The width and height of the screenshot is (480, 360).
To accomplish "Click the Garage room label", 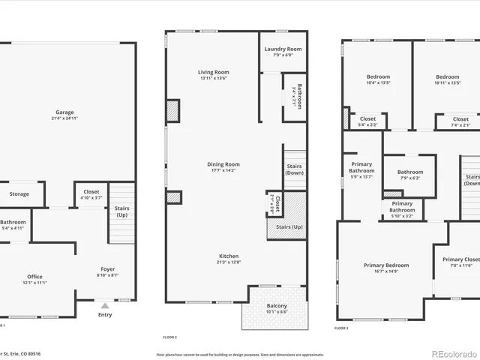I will [x=64, y=112].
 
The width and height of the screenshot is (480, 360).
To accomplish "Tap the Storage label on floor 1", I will [x=19, y=194].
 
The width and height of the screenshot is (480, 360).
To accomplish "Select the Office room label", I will [x=35, y=277].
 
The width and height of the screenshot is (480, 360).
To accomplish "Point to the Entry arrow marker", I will [x=105, y=306].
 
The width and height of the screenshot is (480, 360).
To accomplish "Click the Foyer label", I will [x=108, y=269].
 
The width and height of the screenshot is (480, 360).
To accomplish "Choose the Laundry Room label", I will [x=283, y=49].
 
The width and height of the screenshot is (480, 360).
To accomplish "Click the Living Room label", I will [x=213, y=72].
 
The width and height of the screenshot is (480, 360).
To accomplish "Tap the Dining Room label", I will [x=223, y=164].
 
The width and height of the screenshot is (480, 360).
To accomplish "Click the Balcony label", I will [x=277, y=306].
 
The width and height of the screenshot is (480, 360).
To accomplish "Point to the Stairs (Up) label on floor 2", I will [x=289, y=226].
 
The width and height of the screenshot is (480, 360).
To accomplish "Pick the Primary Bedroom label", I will [x=386, y=265].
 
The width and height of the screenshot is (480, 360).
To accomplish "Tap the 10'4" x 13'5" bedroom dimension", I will [x=378, y=83].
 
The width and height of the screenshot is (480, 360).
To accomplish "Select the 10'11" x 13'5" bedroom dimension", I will [x=448, y=83].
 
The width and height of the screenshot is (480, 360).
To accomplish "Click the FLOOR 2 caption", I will [x=171, y=337].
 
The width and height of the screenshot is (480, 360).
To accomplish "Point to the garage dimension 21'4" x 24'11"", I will [x=64, y=118].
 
